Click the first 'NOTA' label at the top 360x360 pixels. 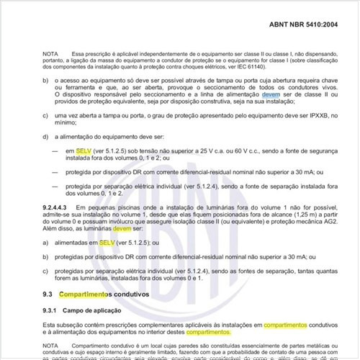50,55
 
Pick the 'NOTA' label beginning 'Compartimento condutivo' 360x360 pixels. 50,347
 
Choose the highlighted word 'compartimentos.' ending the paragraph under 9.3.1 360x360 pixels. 209,333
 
